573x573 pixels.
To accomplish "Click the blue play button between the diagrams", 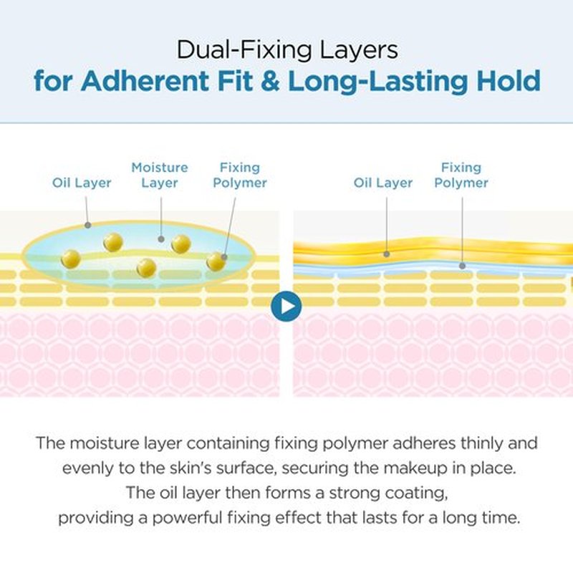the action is click(286, 307).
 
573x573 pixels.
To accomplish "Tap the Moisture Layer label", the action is click(160, 175).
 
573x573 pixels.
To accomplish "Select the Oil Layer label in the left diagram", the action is click(82, 183).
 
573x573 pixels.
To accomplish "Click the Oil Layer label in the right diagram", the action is click(383, 183).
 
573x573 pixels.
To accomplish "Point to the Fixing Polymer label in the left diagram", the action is click(240, 175).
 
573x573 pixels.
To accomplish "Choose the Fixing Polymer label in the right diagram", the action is click(461, 175).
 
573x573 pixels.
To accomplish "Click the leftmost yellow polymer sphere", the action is click(70, 259).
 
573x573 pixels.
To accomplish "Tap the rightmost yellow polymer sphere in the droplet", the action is click(216, 261).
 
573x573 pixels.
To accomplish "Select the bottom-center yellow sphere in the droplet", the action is click(146, 268).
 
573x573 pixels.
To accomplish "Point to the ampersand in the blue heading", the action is click(271, 80).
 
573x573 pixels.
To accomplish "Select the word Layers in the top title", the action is click(359, 50).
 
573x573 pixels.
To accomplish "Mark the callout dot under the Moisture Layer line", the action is click(160, 239).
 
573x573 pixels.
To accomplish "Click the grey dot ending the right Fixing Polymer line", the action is click(462, 266).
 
